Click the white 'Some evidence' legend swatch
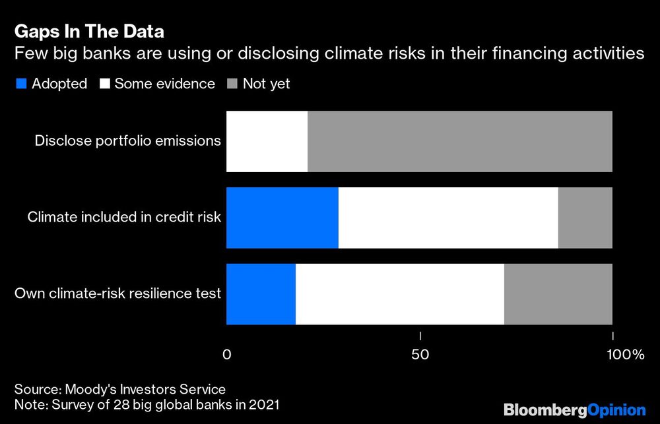(104, 84)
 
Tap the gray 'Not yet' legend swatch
(232, 84)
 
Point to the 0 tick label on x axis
(227, 355)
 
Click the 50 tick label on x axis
(420, 355)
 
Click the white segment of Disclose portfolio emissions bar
(267, 142)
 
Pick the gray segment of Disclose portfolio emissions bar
(460, 142)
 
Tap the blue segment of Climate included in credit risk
(282, 218)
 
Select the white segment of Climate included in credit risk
(448, 218)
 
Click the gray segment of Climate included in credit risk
(585, 218)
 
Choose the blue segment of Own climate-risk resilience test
(261, 294)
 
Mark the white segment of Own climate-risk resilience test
(400, 294)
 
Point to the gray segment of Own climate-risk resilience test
(558, 294)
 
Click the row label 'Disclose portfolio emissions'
(127, 141)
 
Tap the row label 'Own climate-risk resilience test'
(117, 294)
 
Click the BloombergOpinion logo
(574, 409)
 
